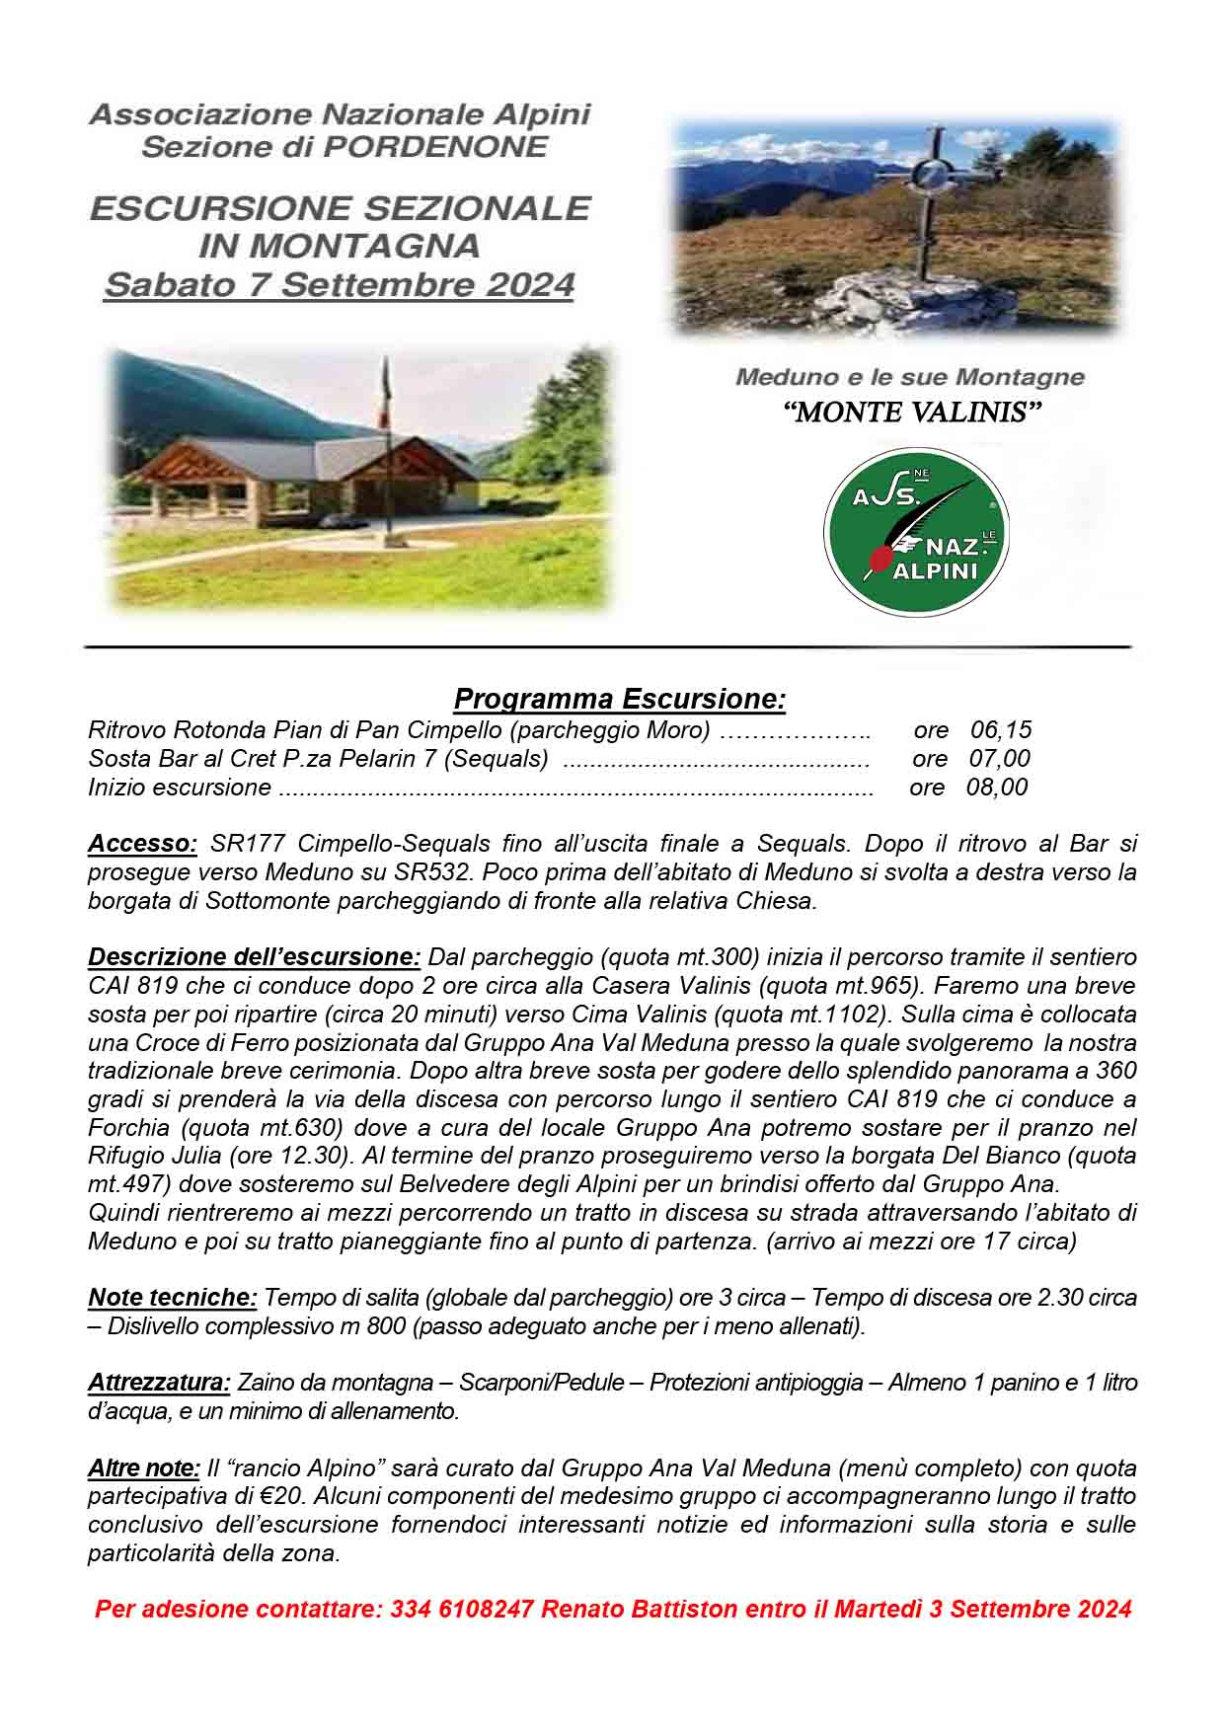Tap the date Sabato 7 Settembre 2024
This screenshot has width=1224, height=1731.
tap(339, 285)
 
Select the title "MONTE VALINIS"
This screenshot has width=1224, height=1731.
tap(911, 413)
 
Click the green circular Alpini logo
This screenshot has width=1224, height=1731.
tap(915, 534)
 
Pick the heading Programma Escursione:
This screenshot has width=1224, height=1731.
tap(619, 700)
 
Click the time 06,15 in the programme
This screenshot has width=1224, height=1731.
tap(1001, 730)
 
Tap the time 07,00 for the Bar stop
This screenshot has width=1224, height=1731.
tap(1000, 759)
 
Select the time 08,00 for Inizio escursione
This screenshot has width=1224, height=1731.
tap(998, 788)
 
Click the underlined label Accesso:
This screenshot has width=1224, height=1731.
tap(143, 844)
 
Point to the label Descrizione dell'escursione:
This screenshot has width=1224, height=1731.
tap(254, 957)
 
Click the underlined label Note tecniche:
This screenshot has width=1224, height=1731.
tap(173, 1298)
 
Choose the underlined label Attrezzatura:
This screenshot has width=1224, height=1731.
tap(159, 1383)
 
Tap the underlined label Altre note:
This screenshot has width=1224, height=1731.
tap(144, 1468)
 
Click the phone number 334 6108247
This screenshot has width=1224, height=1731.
tap(462, 1610)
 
